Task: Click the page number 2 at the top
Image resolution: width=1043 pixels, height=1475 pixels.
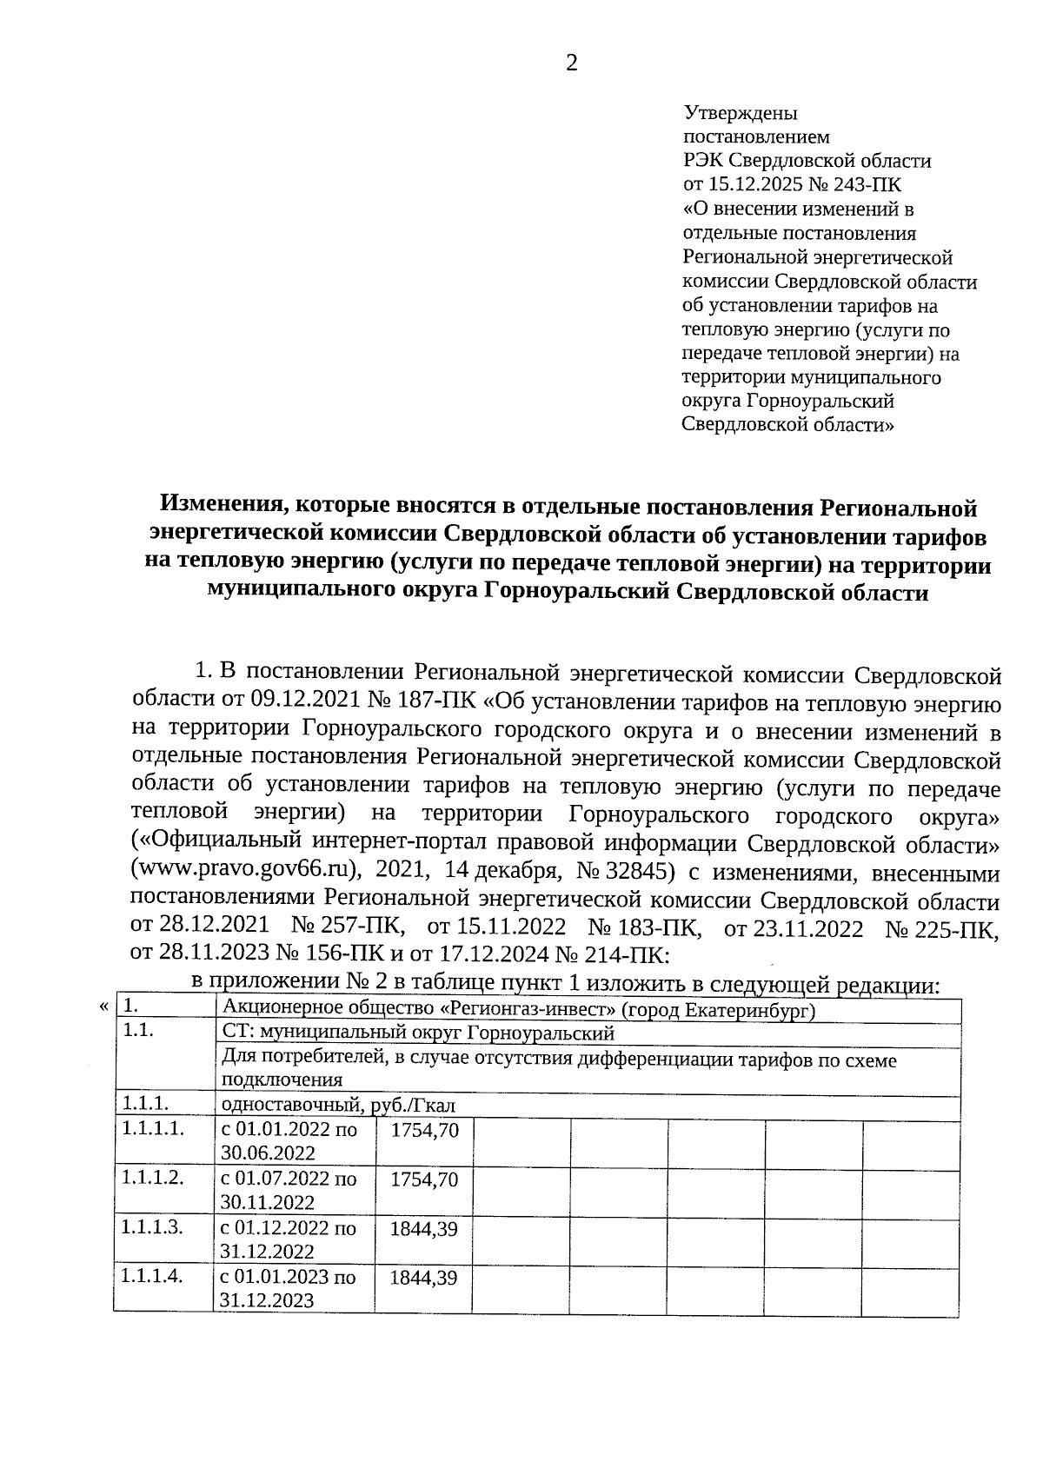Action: coord(571,63)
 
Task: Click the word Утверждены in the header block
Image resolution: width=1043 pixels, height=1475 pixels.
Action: coord(741,113)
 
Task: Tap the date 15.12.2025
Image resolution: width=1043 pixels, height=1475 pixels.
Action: coord(752,184)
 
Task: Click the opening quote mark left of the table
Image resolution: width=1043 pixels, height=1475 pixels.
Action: coord(104,1007)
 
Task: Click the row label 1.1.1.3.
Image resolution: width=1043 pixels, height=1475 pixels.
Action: coord(153,1227)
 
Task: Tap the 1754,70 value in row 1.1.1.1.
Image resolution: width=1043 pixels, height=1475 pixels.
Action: coord(425,1130)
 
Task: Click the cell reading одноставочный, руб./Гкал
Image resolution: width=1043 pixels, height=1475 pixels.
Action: coord(340,1105)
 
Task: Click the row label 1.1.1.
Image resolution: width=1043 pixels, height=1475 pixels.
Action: coord(144,1104)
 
